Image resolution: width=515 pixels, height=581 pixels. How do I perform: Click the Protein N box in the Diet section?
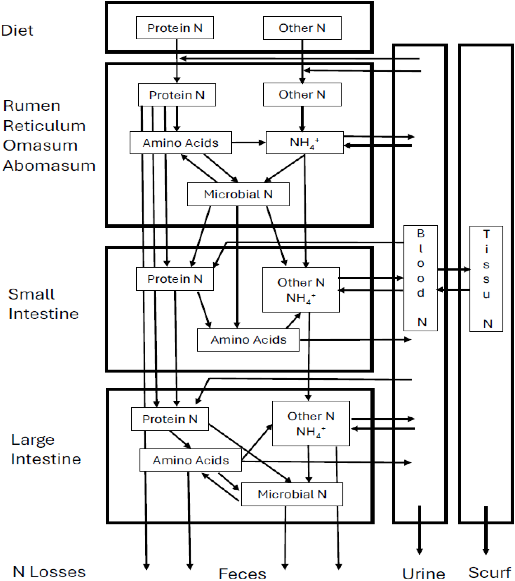175,28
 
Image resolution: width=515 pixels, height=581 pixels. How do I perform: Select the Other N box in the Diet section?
302,28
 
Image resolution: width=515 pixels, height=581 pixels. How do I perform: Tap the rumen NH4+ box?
304,143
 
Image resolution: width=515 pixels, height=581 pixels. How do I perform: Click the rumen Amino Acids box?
180,143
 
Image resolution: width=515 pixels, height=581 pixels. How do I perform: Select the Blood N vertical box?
421,278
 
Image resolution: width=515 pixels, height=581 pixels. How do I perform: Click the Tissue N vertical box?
486,279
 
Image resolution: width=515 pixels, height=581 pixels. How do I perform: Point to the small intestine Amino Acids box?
248,340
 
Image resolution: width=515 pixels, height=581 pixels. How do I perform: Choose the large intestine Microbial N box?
292,495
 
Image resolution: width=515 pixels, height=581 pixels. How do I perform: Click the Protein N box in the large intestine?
169,419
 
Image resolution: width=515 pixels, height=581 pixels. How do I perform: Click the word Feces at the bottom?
242,574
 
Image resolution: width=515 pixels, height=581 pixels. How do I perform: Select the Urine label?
423,574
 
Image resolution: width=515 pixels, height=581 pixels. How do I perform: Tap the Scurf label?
489,572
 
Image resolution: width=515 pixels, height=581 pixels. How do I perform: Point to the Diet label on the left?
17,30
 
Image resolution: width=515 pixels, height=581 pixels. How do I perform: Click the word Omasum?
40,145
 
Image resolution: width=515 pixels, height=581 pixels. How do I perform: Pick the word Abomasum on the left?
49,166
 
